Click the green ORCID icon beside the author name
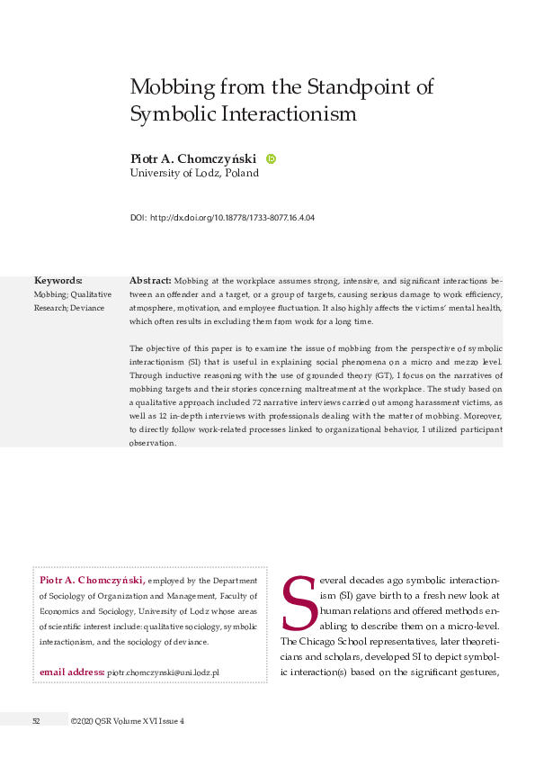pos(271,158)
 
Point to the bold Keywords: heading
pos(58,281)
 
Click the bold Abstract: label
pos(150,281)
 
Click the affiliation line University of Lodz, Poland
pos(194,173)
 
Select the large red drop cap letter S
pos(296,605)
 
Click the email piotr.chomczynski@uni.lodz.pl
pos(163,672)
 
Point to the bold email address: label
pos(72,672)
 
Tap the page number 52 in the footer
pos(36,721)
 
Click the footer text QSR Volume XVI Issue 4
pos(143,721)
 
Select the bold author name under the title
pos(192,158)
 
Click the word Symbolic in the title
pos(170,114)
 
